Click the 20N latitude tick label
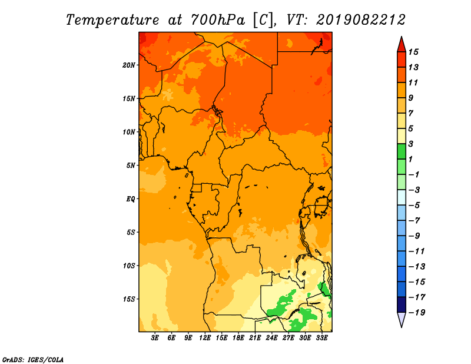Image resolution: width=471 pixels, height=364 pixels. tap(129, 65)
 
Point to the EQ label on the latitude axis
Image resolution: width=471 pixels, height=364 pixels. tap(130, 199)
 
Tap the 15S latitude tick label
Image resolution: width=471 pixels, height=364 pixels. tap(129, 299)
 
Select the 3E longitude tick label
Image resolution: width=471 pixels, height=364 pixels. tap(155, 338)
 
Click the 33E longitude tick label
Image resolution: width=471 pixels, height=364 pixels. tap(321, 338)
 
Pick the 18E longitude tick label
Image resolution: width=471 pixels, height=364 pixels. tap(238, 338)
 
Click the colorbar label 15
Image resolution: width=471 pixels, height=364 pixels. tap(413, 52)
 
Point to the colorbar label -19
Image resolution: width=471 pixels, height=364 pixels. tap(417, 313)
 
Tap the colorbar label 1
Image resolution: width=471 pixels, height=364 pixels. tap(410, 159)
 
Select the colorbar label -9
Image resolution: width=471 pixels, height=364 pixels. tap(414, 236)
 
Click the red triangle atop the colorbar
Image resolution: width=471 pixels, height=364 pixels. tap(402, 45)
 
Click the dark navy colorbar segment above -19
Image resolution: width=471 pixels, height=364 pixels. tap(402, 305)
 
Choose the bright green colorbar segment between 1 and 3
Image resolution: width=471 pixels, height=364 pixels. tap(402, 151)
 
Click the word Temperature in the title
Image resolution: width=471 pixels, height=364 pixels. tap(112, 20)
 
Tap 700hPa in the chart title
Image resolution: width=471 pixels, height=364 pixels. tap(218, 20)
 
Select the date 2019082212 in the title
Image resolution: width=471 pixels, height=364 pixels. tap(361, 20)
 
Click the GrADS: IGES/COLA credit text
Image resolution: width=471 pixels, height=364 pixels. tap(33, 360)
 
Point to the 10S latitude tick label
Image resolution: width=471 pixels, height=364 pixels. tap(129, 266)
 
